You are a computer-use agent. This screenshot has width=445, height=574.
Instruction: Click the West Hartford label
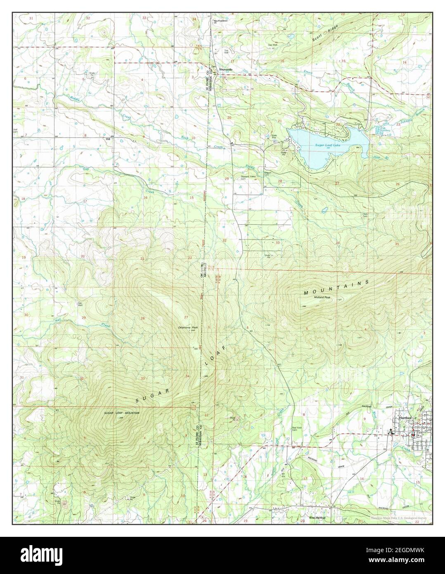coord(317,517)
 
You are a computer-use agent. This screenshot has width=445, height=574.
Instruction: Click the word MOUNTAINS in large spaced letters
coord(335,287)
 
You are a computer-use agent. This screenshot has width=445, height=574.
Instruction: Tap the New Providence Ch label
coord(221,21)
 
